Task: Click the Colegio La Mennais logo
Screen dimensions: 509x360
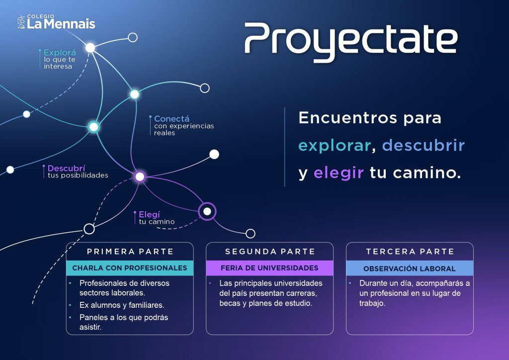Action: tap(56, 22)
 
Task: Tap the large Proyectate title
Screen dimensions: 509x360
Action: tap(351, 42)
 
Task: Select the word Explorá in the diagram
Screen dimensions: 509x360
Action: tap(60, 53)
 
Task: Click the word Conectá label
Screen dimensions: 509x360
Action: tap(171, 118)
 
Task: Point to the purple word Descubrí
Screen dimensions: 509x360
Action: tap(66, 168)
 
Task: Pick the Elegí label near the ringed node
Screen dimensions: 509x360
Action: tap(149, 214)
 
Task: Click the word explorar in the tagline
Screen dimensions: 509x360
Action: tap(335, 146)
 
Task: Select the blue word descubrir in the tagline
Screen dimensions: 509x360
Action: tap(424, 145)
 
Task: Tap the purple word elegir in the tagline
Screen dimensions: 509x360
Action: tap(338, 173)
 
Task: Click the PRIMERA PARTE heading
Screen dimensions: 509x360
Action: tap(130, 252)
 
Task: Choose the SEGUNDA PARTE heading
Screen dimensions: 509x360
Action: tap(270, 252)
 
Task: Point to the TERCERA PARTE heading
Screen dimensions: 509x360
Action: tap(410, 252)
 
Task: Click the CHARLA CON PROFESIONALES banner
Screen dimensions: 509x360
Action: tap(130, 268)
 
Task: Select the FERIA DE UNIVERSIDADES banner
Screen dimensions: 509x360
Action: tap(270, 268)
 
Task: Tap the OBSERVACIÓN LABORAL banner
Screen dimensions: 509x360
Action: tap(410, 268)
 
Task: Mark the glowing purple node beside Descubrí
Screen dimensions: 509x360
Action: tap(140, 177)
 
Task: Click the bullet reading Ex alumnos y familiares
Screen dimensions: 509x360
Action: tap(122, 305)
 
